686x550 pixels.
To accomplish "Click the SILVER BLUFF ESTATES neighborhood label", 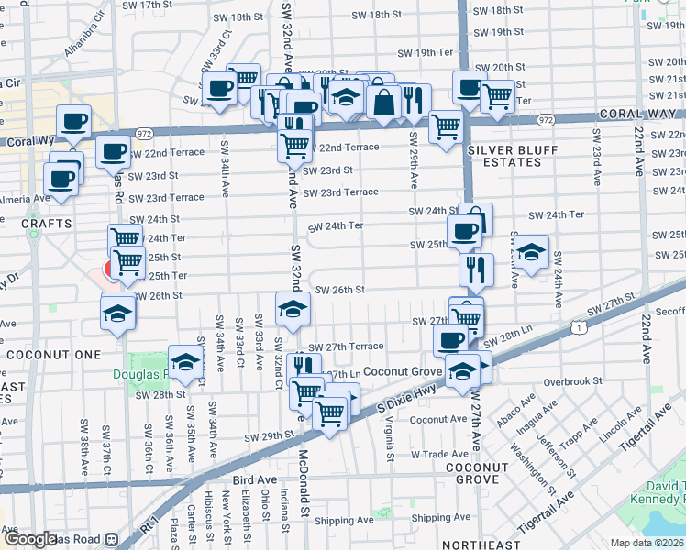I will click(504, 155).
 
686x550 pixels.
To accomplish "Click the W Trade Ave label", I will click(440, 454).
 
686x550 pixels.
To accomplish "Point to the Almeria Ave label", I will click(23, 198).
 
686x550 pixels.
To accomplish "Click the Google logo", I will click(29, 539).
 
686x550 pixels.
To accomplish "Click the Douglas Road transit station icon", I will click(113, 539).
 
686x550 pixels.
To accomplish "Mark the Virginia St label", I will click(390, 437).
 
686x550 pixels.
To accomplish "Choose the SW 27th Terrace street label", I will click(346, 347).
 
